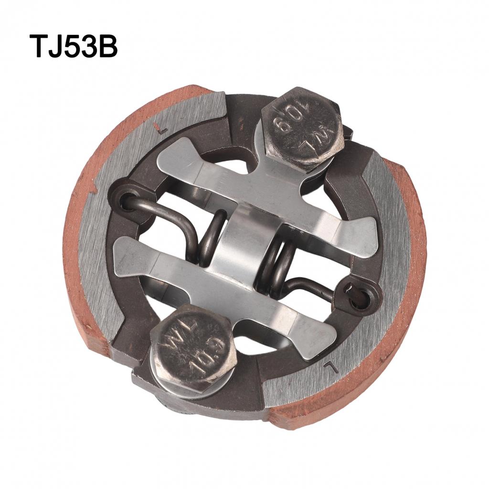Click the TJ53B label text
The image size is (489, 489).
tap(74, 46)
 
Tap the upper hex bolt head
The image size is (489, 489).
tap(302, 128)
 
